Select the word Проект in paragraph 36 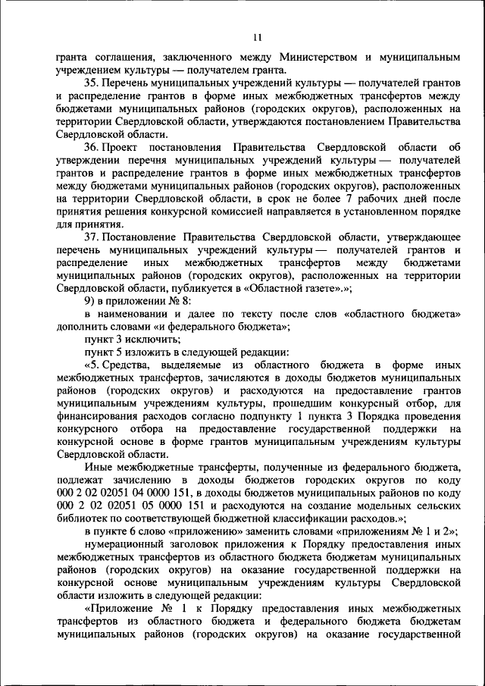125,146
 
